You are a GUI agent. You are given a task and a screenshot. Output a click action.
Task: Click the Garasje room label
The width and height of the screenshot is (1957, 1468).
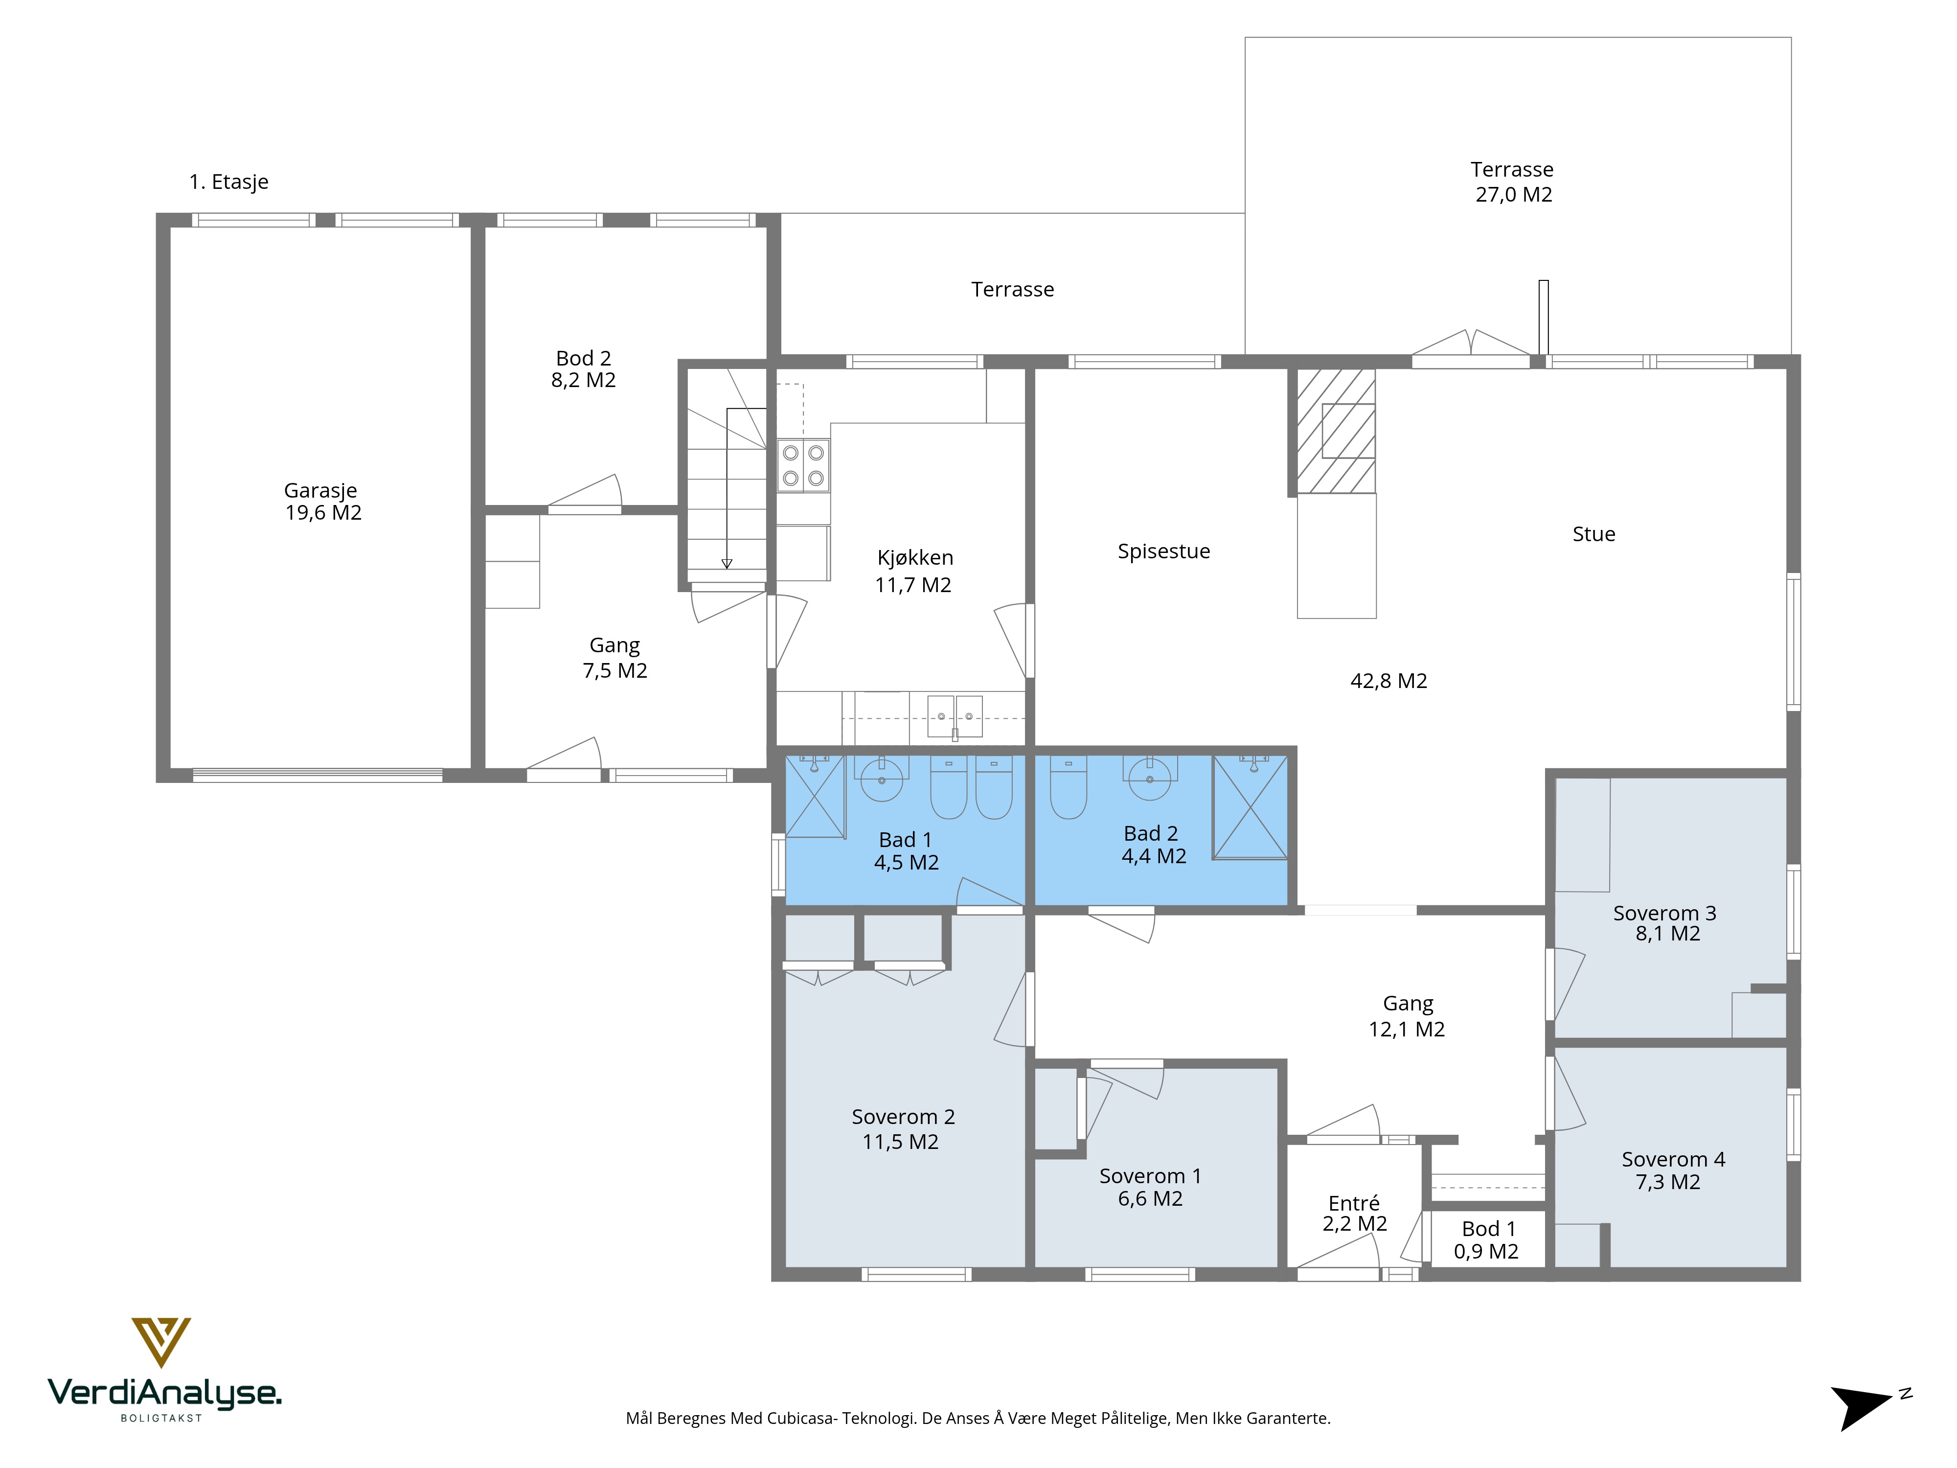point(320,490)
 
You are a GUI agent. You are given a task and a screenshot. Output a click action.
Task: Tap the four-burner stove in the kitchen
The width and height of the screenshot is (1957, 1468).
point(803,465)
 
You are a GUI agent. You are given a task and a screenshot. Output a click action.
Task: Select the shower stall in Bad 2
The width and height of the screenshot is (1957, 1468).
point(1250,807)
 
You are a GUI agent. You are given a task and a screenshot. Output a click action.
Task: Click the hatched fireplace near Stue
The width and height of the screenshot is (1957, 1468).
point(1336,431)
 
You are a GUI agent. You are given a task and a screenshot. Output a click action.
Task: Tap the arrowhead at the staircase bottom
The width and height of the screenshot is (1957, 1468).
point(727,564)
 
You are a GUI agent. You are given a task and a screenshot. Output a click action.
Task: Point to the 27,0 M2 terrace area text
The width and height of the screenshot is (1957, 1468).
point(1514,195)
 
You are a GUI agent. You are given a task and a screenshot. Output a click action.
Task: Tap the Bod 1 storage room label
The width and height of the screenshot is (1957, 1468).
point(1488,1229)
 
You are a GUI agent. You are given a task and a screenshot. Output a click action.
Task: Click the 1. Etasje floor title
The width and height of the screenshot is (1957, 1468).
point(228,183)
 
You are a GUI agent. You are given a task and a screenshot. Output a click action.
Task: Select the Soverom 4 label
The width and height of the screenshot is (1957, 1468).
point(1673,1159)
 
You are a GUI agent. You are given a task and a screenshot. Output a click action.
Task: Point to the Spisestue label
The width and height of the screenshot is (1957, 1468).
point(1163,551)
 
